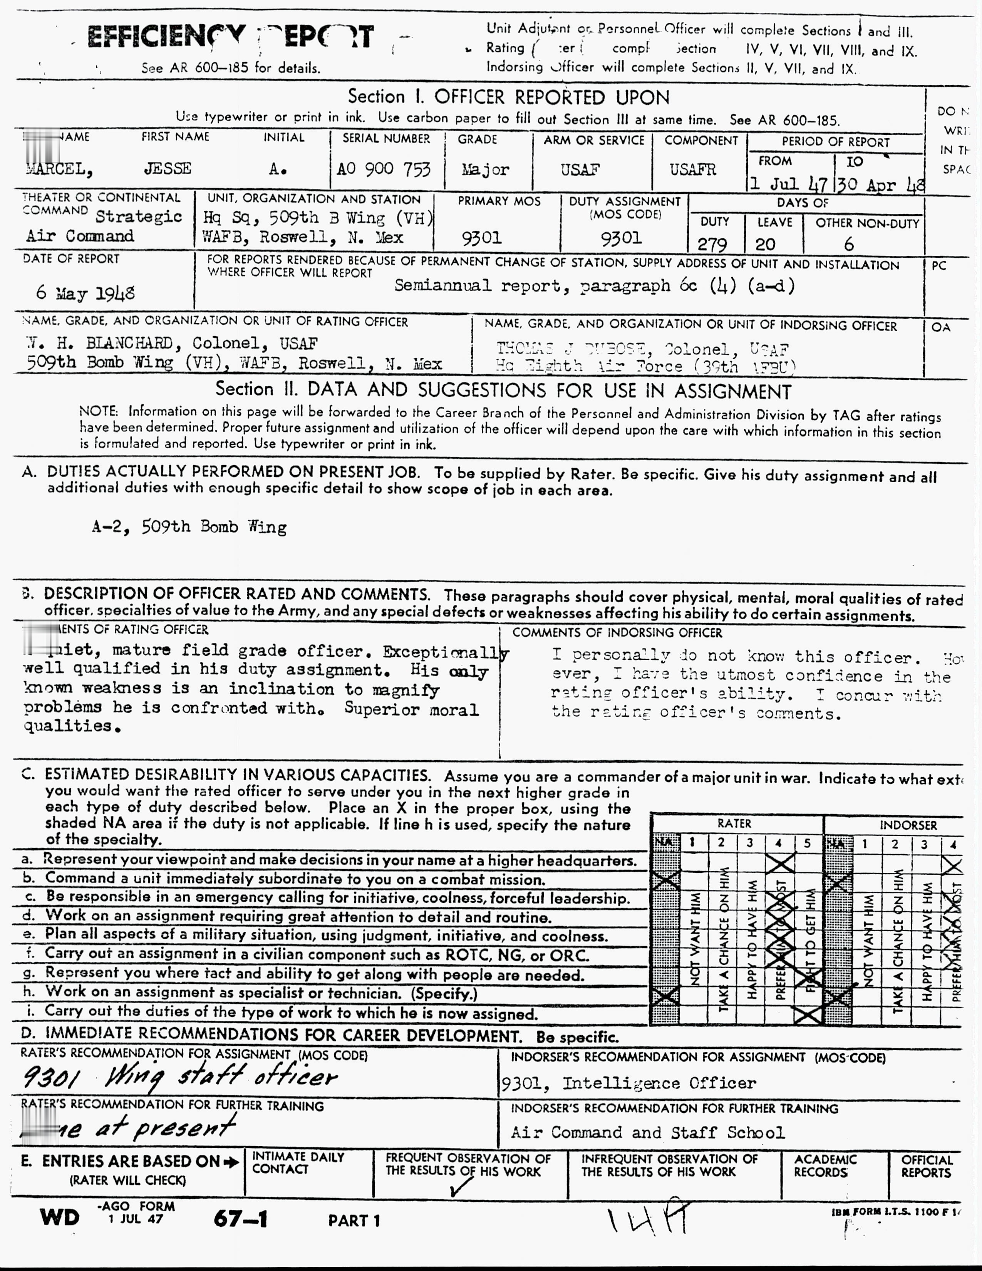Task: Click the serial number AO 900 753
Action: (x=384, y=169)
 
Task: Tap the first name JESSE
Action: (x=168, y=169)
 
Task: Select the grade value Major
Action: (x=485, y=169)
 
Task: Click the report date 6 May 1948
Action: (x=85, y=292)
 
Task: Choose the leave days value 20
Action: (x=765, y=244)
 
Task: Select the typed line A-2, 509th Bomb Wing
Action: (x=189, y=527)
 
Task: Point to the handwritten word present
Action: (x=184, y=1128)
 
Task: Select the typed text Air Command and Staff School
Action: (x=647, y=1132)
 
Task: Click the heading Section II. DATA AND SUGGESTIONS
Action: (x=503, y=390)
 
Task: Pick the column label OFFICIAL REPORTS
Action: (x=926, y=1166)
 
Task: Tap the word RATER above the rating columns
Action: (x=734, y=823)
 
